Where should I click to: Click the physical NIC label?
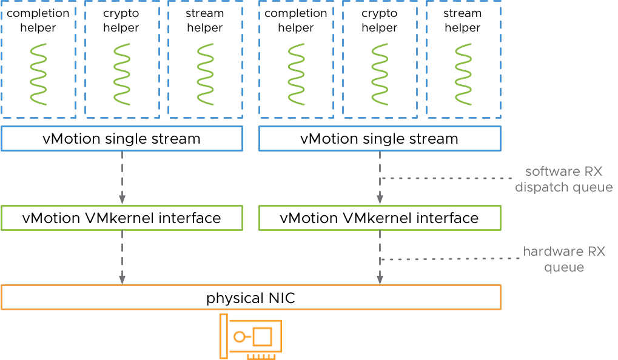(250, 298)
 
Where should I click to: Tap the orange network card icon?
(250, 336)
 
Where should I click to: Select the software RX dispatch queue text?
(563, 179)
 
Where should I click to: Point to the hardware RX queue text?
(563, 259)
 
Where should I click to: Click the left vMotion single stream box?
(122, 138)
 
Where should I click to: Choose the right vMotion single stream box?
(380, 138)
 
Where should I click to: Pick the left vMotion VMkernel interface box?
(122, 218)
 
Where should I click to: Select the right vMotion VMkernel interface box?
(380, 218)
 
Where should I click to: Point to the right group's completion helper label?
(296, 21)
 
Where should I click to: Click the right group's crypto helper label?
(380, 21)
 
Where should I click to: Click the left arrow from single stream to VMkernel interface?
(122, 176)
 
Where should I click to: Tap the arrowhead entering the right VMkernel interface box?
(380, 199)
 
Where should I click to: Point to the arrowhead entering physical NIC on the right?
(380, 279)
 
